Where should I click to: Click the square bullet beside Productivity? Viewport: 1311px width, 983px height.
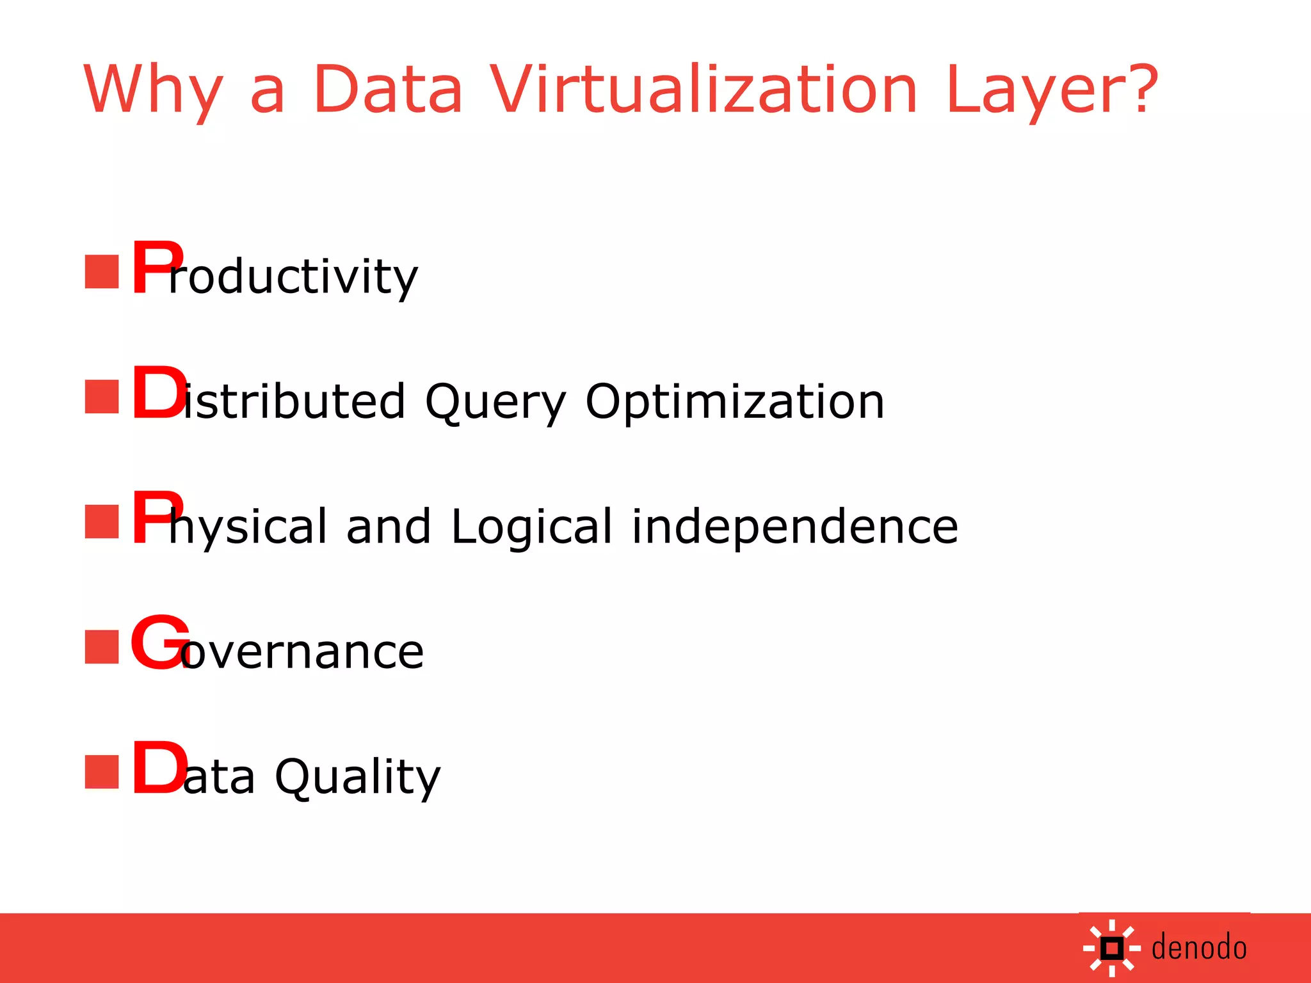pos(102,272)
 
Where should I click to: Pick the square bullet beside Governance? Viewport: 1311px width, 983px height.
pos(102,647)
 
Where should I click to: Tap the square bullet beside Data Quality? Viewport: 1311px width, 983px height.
pos(102,772)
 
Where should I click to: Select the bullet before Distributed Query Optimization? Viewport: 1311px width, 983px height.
pos(102,397)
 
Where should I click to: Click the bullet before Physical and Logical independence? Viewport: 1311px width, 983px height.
pos(102,522)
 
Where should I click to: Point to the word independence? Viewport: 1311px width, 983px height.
pos(794,527)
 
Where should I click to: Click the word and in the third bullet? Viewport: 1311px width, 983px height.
pos(389,527)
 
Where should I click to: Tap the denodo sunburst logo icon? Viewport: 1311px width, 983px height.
pos(1112,948)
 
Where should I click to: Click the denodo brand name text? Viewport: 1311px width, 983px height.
pos(1199,948)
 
